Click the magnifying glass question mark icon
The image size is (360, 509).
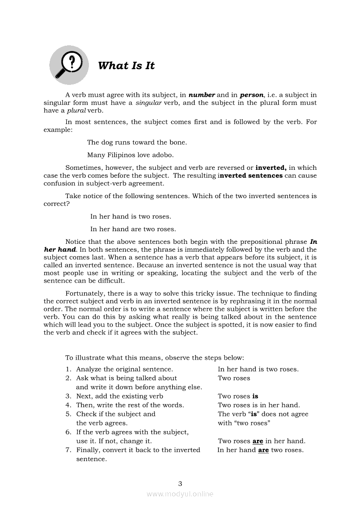69,65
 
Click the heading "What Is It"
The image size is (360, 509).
126,66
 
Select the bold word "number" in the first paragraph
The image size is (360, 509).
202,95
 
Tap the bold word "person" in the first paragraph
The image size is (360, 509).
251,95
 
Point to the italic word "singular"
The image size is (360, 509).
149,103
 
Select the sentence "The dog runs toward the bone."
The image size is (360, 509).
137,142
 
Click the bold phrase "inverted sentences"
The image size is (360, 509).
251,175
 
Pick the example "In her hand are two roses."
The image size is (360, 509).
133,229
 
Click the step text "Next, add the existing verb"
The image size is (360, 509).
120,396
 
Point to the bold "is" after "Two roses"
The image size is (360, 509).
255,396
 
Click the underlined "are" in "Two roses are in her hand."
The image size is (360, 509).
258,441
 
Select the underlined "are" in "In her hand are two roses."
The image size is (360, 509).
263,450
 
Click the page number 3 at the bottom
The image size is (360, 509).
180,483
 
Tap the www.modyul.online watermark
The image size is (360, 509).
180,494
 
